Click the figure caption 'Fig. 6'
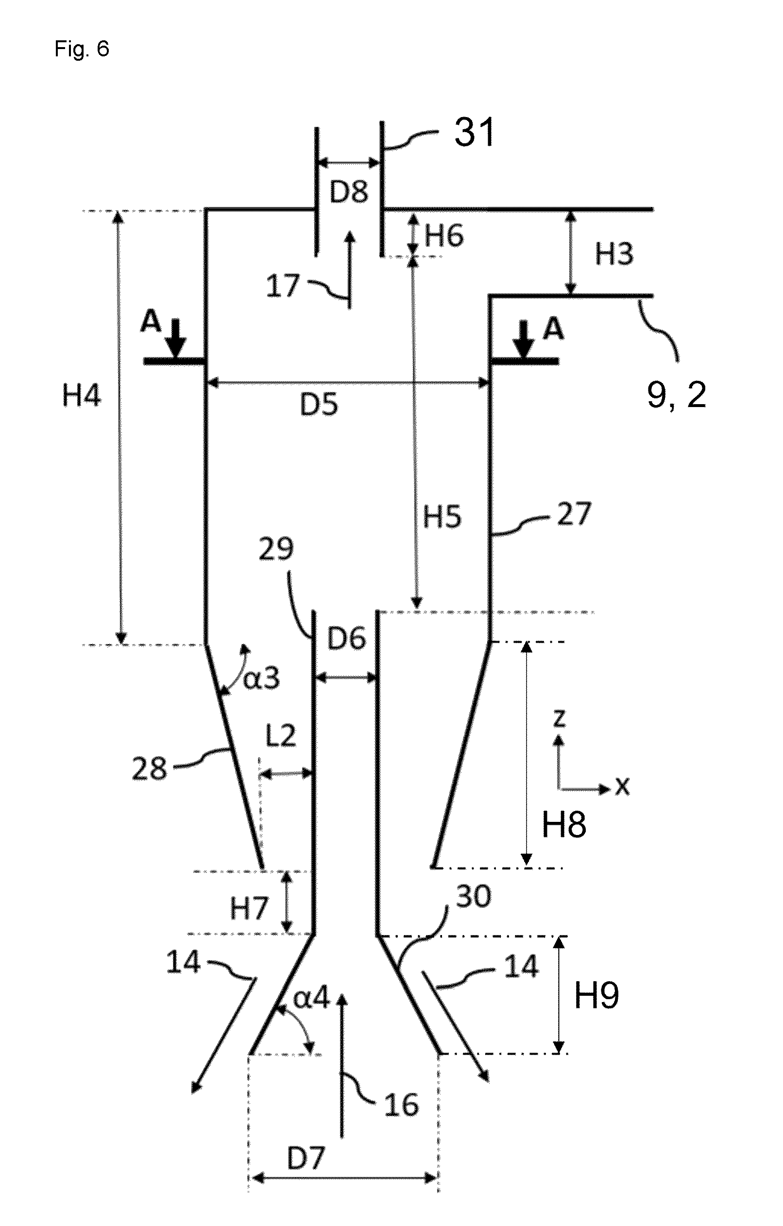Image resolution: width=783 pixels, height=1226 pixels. (x=82, y=49)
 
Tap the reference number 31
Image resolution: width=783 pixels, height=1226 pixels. (x=475, y=132)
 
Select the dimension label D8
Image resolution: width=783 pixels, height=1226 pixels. (x=349, y=192)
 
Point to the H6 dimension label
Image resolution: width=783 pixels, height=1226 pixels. (x=444, y=236)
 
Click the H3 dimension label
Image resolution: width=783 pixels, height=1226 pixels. (x=614, y=254)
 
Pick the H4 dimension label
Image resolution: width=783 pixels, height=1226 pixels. (x=82, y=395)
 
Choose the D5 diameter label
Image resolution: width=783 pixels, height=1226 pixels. (x=319, y=405)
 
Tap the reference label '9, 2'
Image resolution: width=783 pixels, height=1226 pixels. (x=677, y=394)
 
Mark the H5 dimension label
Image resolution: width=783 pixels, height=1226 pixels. (x=442, y=517)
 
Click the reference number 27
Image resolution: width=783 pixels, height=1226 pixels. (x=574, y=514)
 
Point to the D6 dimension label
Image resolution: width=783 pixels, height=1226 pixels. (x=346, y=638)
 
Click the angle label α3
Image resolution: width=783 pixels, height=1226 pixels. (x=261, y=679)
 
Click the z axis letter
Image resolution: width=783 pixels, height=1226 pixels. (x=559, y=718)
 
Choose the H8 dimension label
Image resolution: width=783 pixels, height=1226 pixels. (x=563, y=824)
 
